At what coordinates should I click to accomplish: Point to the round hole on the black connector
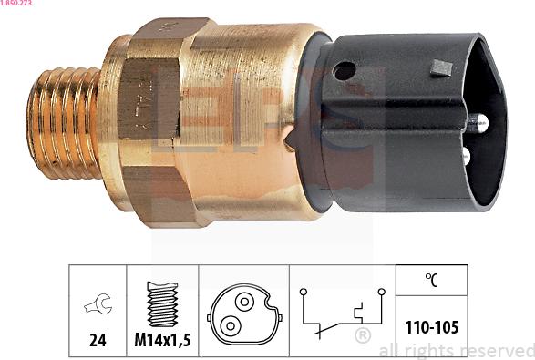coord(345,70)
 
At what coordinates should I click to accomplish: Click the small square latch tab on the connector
coord(442,67)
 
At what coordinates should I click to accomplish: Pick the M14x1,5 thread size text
coord(161,340)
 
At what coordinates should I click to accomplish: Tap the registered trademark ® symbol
coord(362,336)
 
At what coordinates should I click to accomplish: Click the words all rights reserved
coord(456,350)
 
